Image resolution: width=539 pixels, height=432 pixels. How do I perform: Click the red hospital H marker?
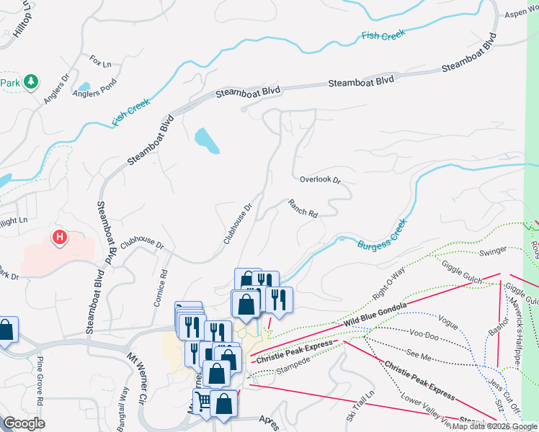pos(61,236)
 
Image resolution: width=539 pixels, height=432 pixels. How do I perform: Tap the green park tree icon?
pos(30,82)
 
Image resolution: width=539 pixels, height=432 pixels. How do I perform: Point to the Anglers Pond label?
pos(94,92)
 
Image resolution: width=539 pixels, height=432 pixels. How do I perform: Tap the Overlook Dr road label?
pos(319,180)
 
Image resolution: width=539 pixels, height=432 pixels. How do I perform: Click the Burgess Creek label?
pos(383,235)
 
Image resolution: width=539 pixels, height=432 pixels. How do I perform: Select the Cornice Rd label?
pos(161,289)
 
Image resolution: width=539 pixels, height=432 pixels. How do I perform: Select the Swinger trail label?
pos(493,251)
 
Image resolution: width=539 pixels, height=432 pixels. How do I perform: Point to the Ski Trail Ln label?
pos(360,406)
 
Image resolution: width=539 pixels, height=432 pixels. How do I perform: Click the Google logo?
pos(24,423)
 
